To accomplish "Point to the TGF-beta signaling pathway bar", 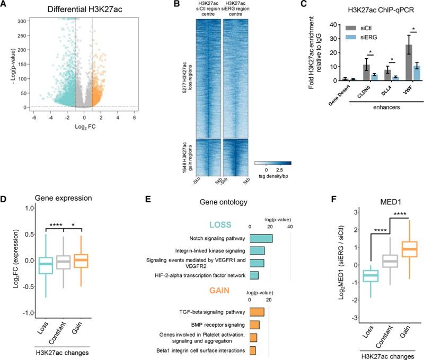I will (x=256, y=312).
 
